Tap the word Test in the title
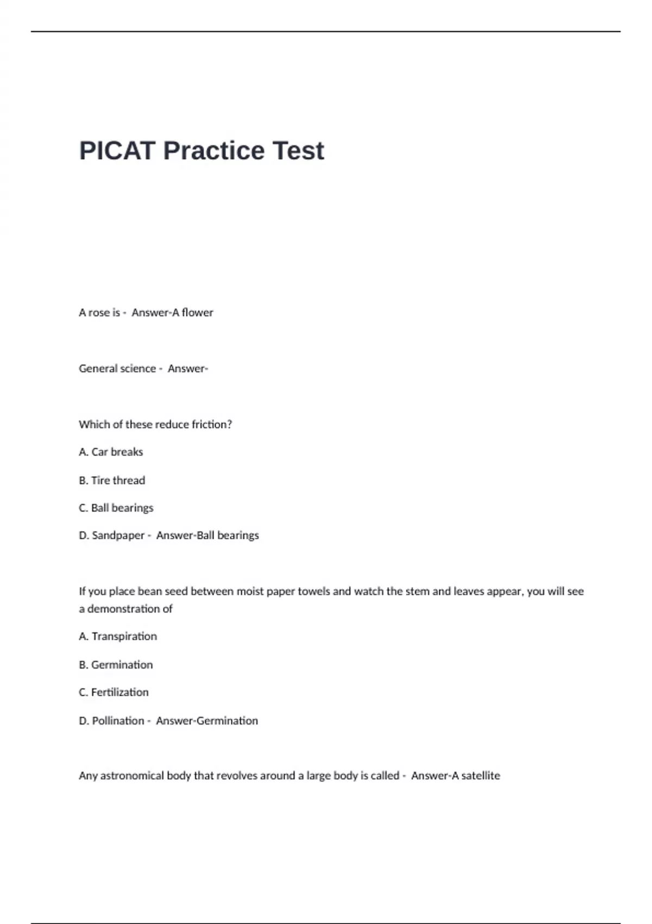[298, 151]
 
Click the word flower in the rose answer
[198, 313]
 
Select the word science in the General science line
[137, 369]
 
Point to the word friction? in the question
[212, 424]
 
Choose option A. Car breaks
[111, 452]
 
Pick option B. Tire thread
[112, 480]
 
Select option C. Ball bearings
[116, 508]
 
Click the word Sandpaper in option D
[118, 535]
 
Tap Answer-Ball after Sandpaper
[185, 535]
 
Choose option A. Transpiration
[118, 636]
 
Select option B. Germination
[116, 665]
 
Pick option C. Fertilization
[114, 692]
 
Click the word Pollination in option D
[118, 721]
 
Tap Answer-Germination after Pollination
[207, 721]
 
